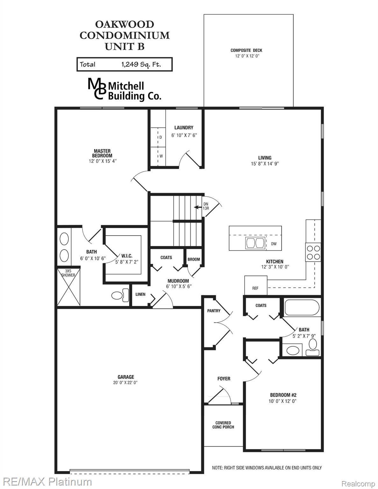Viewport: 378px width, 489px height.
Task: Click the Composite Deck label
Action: coord(246,50)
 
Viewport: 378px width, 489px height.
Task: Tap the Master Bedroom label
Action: coord(102,153)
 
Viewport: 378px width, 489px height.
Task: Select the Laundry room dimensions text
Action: coord(184,135)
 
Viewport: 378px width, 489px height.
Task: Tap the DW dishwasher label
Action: coord(274,244)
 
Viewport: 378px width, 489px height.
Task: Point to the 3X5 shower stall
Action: coord(68,287)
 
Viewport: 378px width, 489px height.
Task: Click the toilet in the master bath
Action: coord(120,295)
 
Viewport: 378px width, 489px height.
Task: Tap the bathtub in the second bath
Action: coord(302,308)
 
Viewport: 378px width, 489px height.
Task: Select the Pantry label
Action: coord(214,311)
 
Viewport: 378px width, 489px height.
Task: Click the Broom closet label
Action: coord(194,259)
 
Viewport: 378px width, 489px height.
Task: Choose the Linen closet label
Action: coord(140,294)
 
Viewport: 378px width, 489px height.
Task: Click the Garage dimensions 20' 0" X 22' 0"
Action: coord(125,383)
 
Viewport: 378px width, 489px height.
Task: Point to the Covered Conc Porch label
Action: coord(223,425)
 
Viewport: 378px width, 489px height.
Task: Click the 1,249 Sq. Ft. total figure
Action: coord(141,64)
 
